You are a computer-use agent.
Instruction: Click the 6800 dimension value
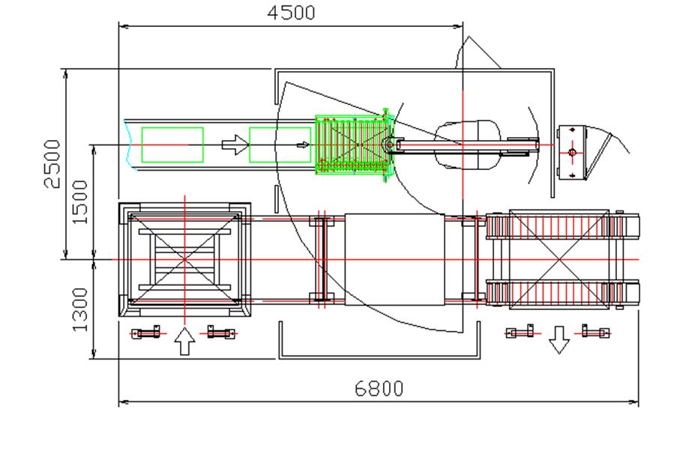(379, 389)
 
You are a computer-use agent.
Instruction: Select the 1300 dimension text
(80, 308)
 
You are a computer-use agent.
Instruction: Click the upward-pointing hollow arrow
(184, 342)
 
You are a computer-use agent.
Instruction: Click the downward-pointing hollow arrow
(557, 340)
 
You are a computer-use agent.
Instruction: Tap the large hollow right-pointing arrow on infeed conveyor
(235, 145)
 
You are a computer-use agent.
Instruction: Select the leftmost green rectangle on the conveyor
(172, 145)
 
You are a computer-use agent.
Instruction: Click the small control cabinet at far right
(574, 152)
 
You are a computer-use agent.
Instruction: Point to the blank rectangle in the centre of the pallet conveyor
(394, 259)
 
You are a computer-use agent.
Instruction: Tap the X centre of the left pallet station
(184, 259)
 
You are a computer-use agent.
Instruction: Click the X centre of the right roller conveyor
(558, 259)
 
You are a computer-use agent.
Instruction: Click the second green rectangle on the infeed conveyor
(279, 145)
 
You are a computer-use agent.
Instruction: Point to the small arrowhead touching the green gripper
(304, 145)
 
